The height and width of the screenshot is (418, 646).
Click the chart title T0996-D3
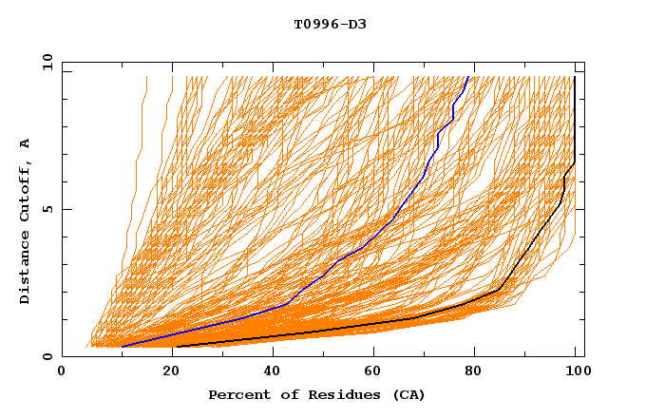coord(330,24)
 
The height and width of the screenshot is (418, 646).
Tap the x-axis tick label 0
coord(62,372)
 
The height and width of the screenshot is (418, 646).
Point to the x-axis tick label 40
coord(273,372)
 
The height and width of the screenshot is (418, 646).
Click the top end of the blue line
coord(468,77)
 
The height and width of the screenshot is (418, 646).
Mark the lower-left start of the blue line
coord(122,347)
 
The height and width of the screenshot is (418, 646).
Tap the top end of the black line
coord(575,77)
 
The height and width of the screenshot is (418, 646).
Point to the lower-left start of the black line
coord(177,347)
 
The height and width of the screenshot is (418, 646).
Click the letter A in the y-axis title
coord(26,143)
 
